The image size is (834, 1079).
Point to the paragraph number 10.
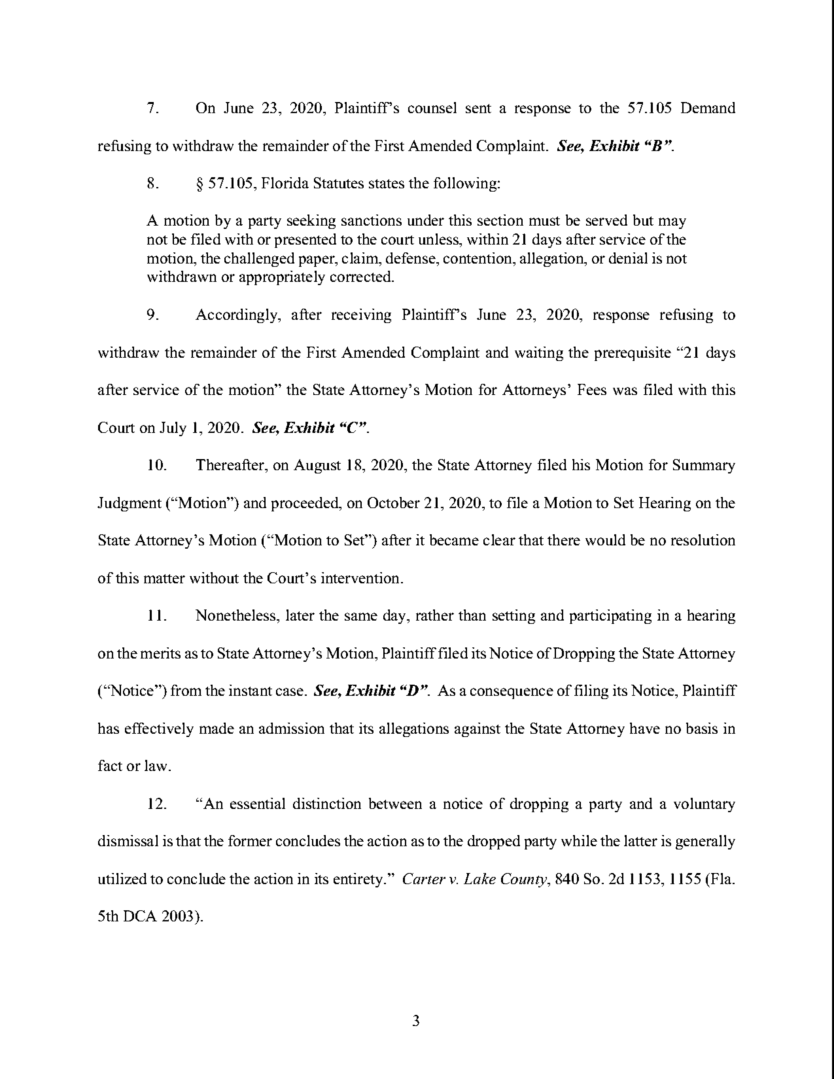pos(157,465)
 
